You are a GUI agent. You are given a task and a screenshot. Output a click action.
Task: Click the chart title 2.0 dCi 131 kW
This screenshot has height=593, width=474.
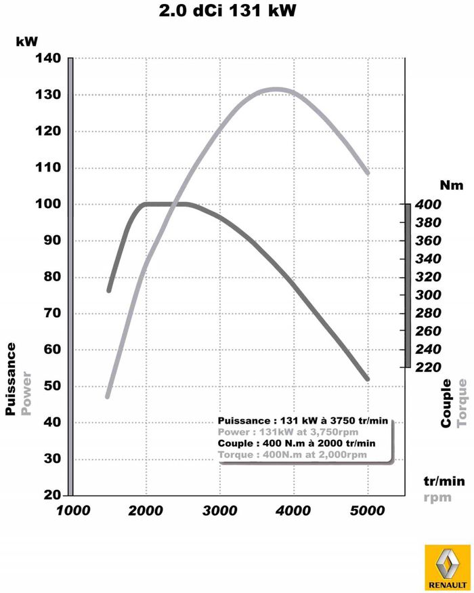228,11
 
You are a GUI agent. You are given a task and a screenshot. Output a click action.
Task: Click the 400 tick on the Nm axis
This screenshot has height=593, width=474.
429,205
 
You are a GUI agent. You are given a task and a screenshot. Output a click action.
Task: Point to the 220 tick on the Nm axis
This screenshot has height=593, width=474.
429,367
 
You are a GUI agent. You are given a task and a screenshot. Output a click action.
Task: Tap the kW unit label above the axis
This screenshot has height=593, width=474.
26,41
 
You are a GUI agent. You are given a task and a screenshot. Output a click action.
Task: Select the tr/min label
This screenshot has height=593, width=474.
444,481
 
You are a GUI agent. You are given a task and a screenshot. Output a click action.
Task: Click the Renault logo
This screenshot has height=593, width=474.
445,567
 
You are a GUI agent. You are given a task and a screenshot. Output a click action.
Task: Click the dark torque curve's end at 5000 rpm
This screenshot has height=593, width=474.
368,379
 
